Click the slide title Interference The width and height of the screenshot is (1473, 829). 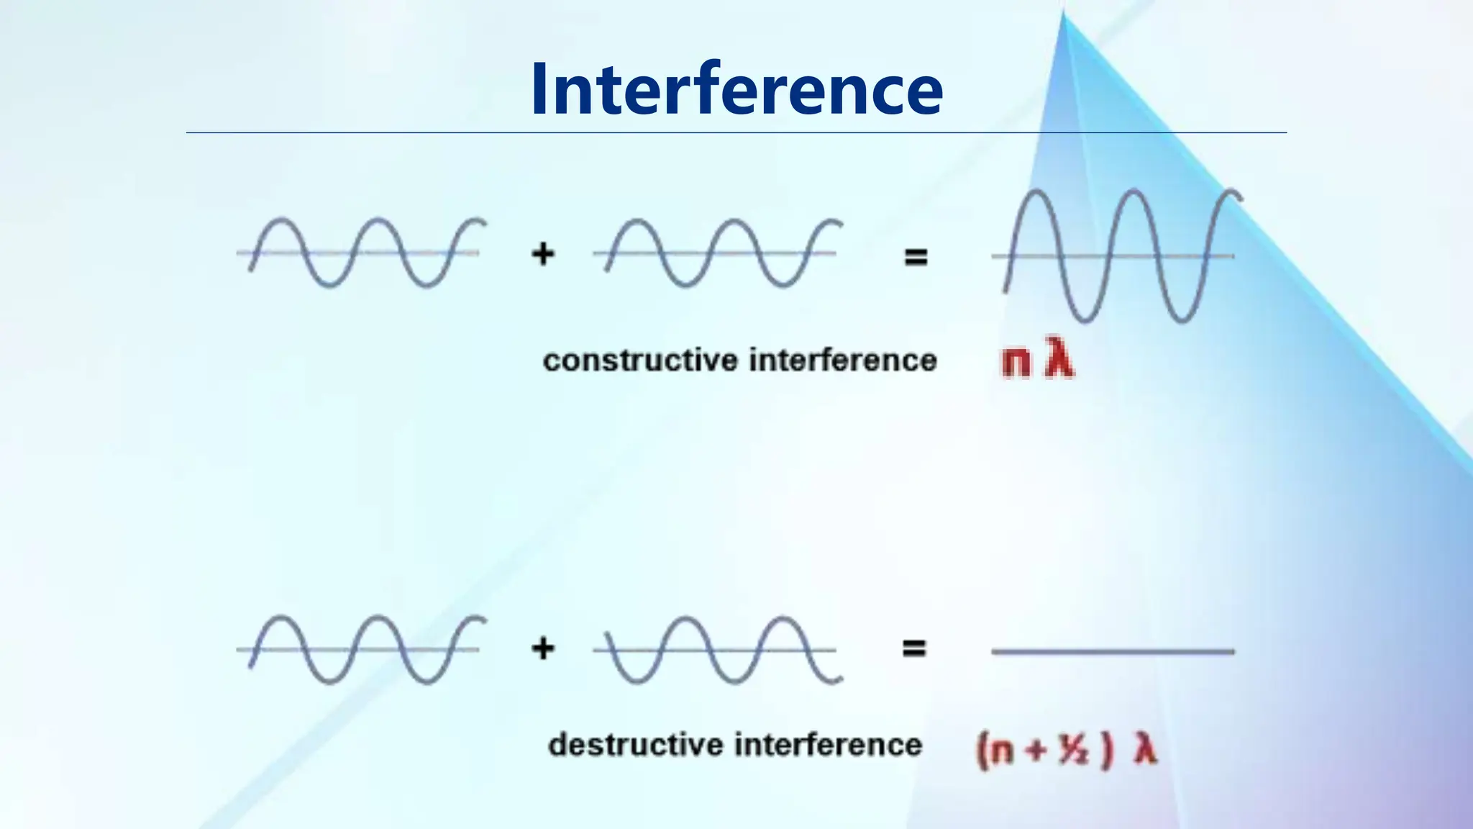[x=736, y=89]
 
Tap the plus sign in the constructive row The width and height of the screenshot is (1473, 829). [x=543, y=254]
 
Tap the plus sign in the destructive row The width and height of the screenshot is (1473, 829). [x=543, y=648]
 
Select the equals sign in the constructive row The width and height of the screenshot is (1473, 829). [x=916, y=257]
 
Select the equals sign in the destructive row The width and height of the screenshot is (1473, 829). [x=914, y=648]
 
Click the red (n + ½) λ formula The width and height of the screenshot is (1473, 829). [x=1067, y=750]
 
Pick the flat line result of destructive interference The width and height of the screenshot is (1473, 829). [x=1113, y=651]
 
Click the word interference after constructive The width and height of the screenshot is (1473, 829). [x=843, y=360]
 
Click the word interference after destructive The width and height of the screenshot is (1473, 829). [x=828, y=745]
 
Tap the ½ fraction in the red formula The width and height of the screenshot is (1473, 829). [x=1073, y=751]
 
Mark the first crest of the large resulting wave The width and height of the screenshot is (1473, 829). [x=1035, y=193]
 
